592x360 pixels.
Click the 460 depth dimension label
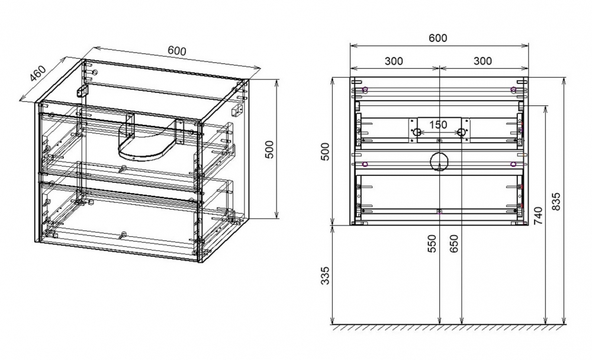(38, 74)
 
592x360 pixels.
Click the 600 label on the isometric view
(177, 50)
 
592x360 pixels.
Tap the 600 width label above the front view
(438, 38)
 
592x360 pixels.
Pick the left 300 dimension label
(394, 61)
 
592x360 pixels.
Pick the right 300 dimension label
(482, 61)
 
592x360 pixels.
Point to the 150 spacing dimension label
(438, 124)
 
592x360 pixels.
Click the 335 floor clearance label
(325, 275)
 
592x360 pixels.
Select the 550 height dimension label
(432, 244)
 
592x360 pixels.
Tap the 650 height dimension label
(454, 244)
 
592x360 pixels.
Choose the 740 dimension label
(538, 216)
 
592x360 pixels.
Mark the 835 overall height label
(556, 202)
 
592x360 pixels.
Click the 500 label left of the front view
(325, 152)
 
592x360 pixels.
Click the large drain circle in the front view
(439, 162)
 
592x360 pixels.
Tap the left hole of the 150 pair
(417, 132)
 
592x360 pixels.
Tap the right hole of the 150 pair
(461, 132)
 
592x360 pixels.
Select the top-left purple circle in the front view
(365, 90)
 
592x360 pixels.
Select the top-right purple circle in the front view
(513, 90)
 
